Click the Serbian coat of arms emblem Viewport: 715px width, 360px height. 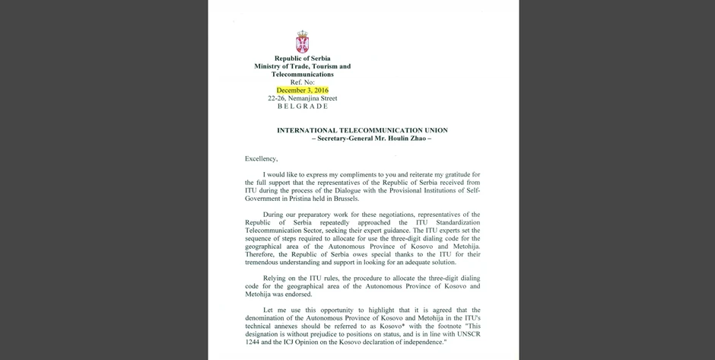pyautogui.click(x=302, y=43)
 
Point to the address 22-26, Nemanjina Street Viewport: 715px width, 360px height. pyautogui.click(x=302, y=99)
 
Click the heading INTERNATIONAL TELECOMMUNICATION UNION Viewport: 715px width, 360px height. pyautogui.click(x=362, y=130)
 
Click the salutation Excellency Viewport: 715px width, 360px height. pyautogui.click(x=262, y=158)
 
